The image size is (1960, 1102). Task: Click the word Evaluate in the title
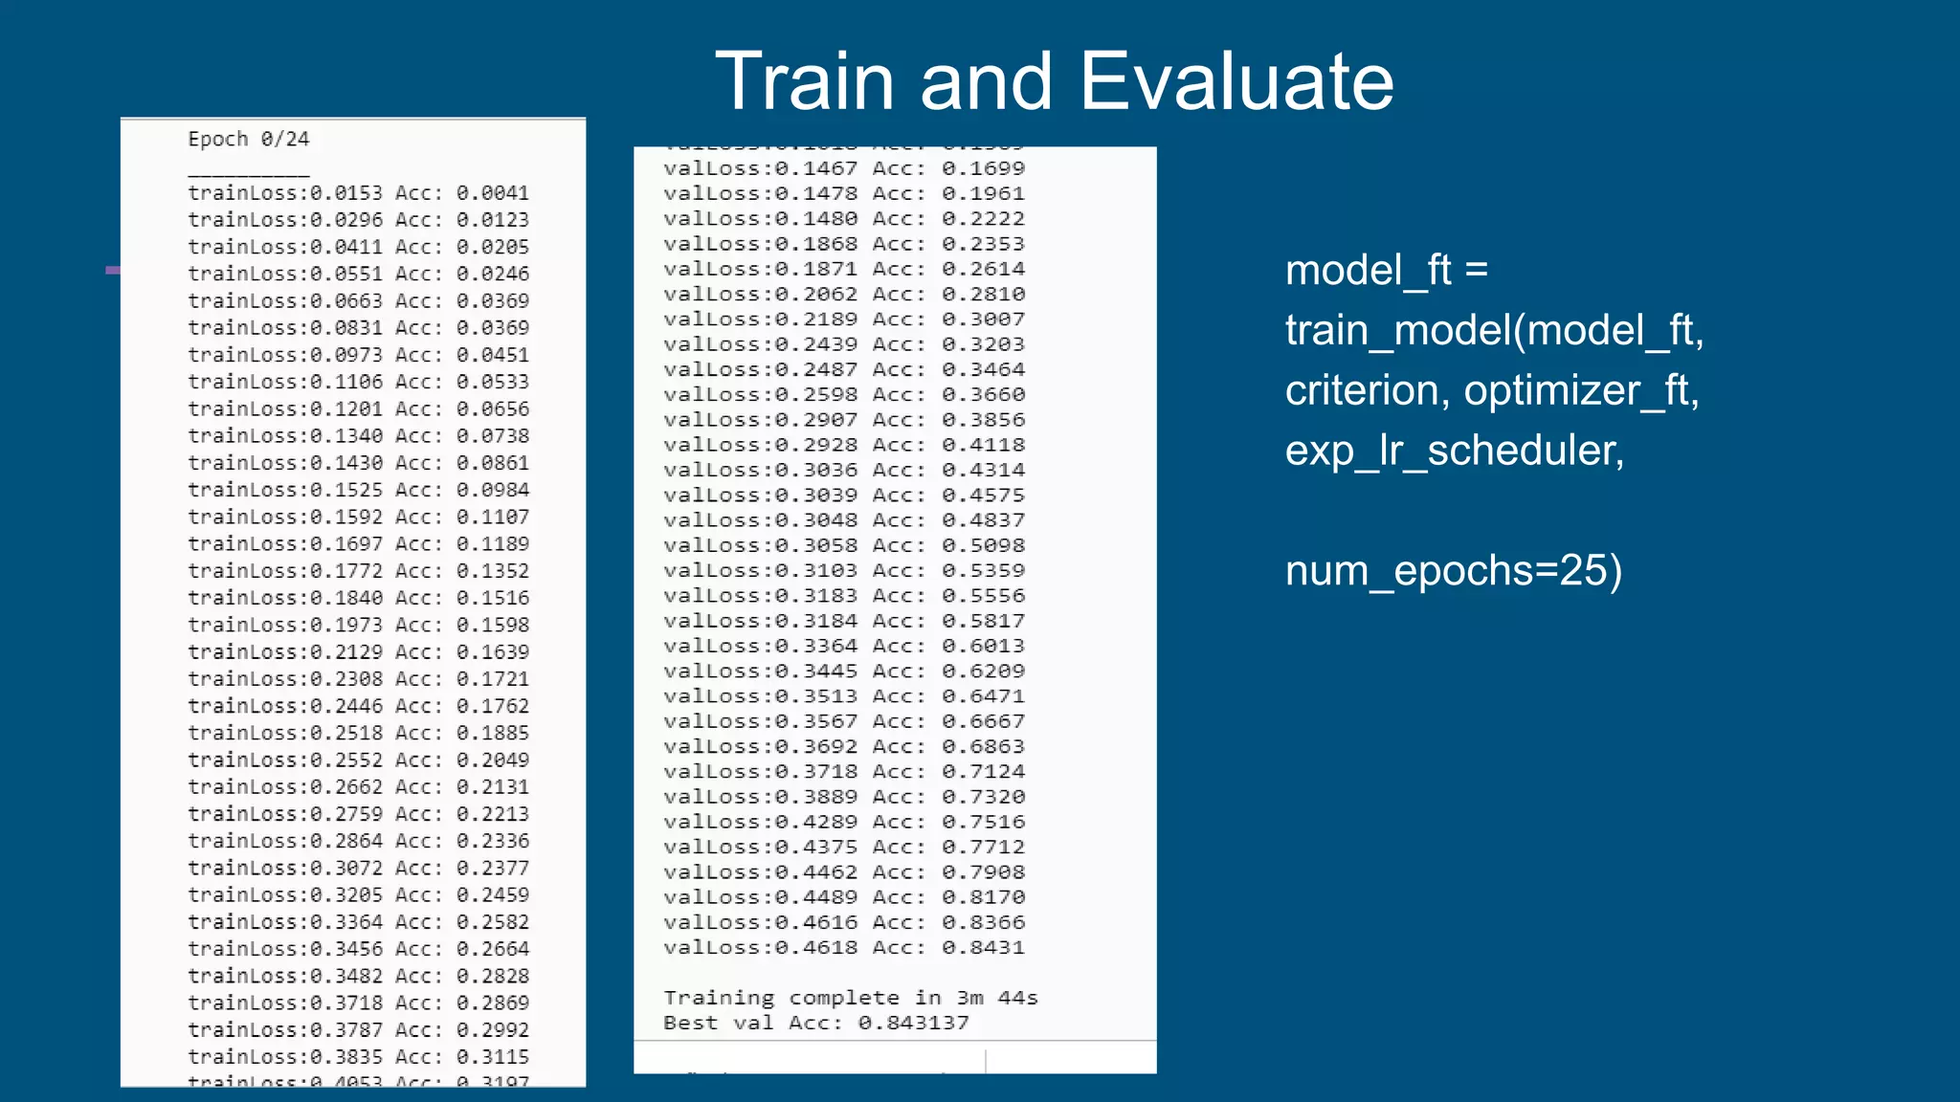(x=1236, y=82)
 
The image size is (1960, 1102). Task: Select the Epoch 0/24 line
(x=248, y=140)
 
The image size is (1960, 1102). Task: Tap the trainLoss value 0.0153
(x=345, y=193)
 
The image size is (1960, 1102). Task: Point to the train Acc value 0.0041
(x=492, y=193)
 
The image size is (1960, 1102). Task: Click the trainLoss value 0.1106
(x=345, y=382)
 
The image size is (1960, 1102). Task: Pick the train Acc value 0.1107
(x=492, y=517)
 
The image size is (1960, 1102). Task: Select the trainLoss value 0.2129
(x=345, y=651)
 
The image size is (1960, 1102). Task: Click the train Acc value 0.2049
(x=492, y=760)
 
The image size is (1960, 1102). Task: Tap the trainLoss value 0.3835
(x=345, y=1057)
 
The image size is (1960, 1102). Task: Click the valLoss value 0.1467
(x=815, y=168)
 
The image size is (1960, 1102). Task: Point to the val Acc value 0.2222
(x=983, y=219)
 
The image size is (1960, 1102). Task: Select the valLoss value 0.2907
(x=815, y=420)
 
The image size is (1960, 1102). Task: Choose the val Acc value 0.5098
(x=983, y=545)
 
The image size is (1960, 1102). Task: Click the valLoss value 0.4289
(x=815, y=822)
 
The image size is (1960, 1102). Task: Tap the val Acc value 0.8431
(x=983, y=948)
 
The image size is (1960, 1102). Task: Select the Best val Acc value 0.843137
(x=913, y=1023)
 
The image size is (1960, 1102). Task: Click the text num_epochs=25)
(x=1453, y=571)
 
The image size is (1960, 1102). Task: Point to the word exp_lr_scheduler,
(x=1454, y=451)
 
